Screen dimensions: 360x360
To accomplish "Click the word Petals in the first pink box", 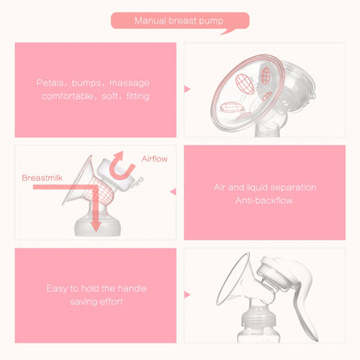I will click(x=49, y=84).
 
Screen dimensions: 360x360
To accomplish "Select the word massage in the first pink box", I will click(x=128, y=84).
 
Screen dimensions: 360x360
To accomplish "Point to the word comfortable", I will click(x=67, y=96).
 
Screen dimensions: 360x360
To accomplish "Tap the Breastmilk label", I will click(x=42, y=177).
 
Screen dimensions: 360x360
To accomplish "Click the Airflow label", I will click(x=156, y=159).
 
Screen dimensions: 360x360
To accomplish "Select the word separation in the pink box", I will click(x=293, y=186).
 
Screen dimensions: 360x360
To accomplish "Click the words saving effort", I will click(x=92, y=302).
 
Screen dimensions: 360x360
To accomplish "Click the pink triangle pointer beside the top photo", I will click(x=188, y=88).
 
